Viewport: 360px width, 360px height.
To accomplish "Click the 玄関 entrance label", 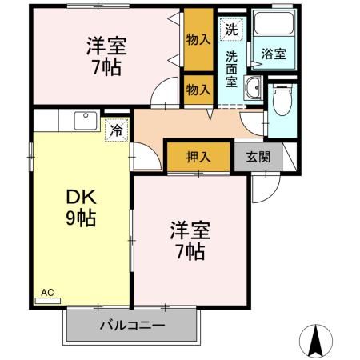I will (x=258, y=157).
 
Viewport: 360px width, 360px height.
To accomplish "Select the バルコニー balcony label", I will (x=132, y=326).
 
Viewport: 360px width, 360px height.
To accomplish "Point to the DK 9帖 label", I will (x=80, y=207).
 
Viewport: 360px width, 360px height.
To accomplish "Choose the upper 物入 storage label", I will (x=198, y=38).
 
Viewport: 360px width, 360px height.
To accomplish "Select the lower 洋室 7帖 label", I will (x=190, y=242).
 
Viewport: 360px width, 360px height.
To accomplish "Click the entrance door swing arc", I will (x=260, y=186).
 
